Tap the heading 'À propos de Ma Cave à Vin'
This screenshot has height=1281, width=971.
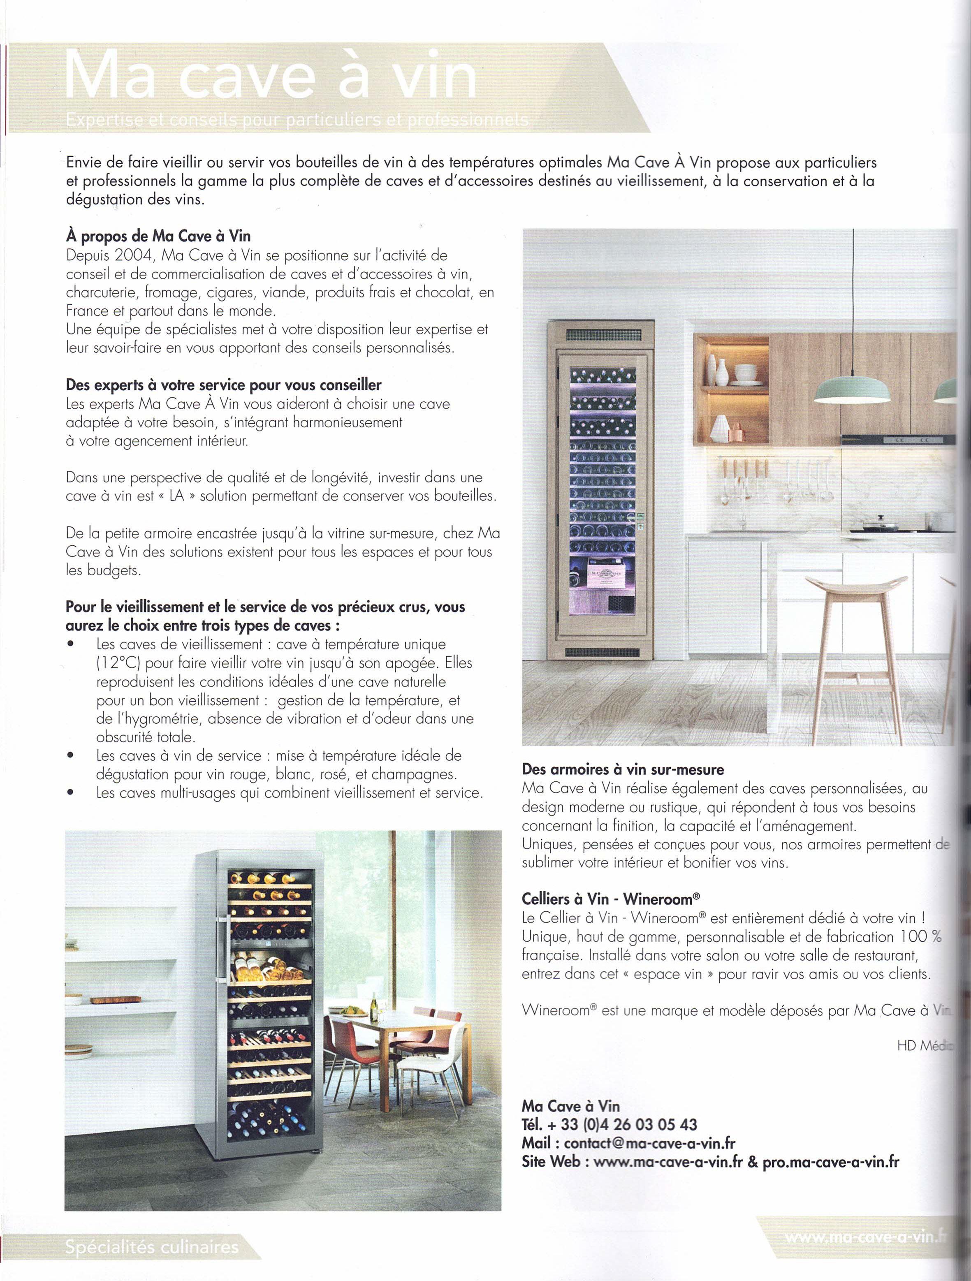158,236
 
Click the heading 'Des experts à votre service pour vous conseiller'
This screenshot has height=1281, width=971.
223,385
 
